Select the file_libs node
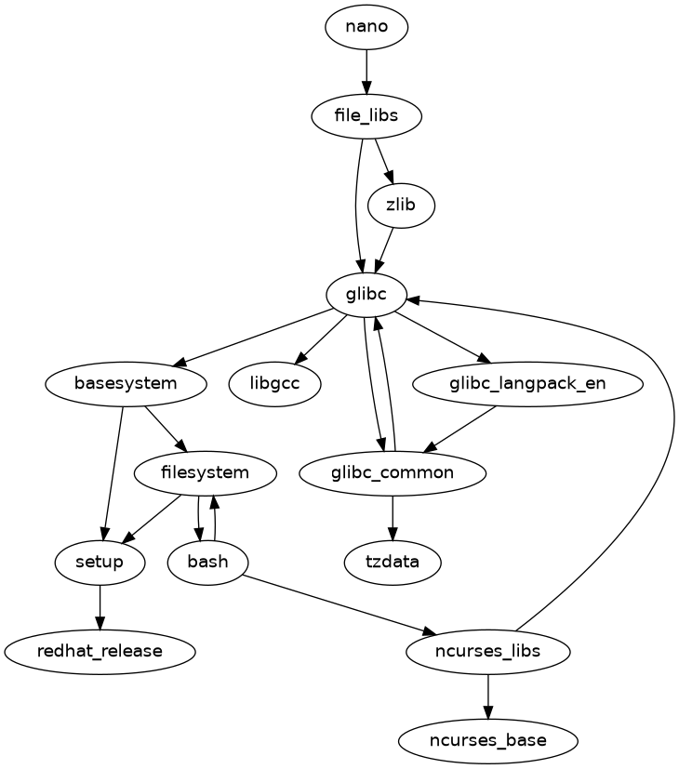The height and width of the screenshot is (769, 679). (366, 116)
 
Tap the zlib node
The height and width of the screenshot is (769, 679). (401, 206)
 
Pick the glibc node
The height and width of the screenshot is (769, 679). (366, 295)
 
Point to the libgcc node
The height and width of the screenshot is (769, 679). (274, 383)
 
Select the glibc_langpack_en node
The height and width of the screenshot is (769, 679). (527, 383)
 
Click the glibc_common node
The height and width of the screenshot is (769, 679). (393, 472)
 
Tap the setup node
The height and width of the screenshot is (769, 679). (100, 562)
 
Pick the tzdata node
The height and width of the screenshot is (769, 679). (393, 562)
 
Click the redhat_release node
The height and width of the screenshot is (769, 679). (100, 651)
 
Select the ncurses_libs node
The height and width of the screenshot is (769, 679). (488, 651)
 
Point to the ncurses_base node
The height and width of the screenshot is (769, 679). (488, 740)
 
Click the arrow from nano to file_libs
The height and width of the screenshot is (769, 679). (366, 72)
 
